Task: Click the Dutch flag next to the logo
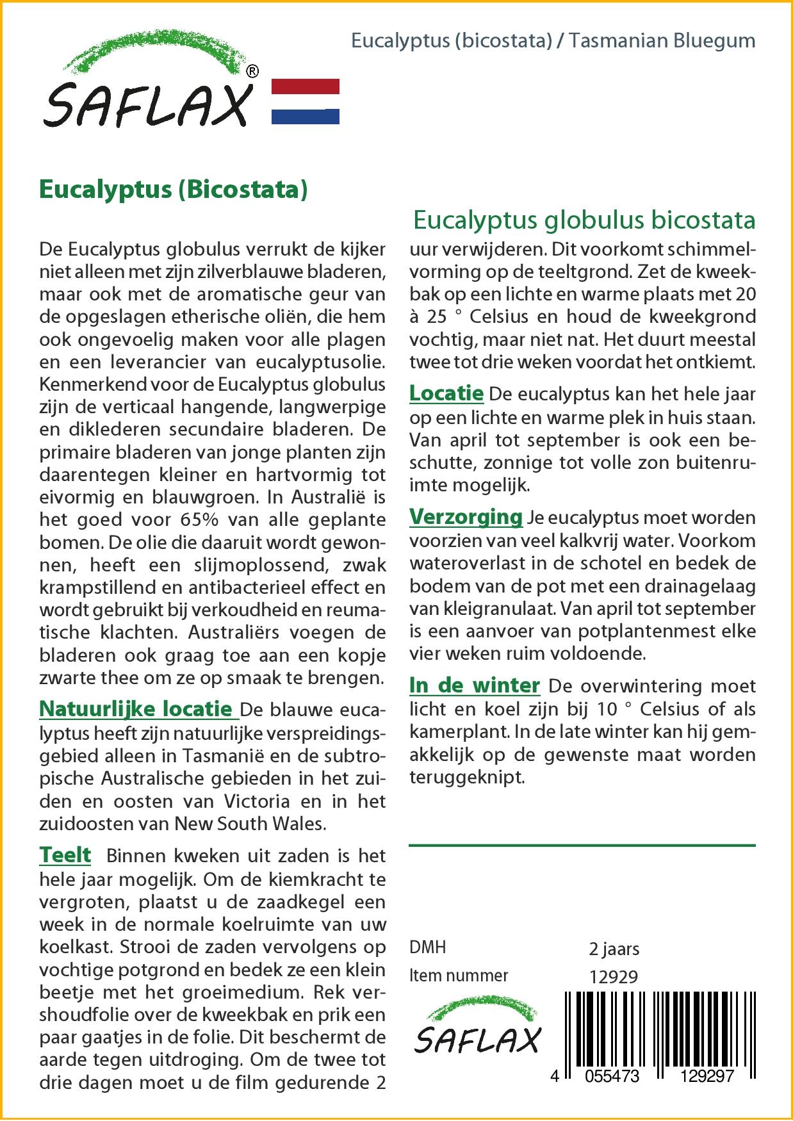306,101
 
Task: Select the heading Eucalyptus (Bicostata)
174,190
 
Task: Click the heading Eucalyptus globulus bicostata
584,220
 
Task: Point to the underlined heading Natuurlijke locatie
136,708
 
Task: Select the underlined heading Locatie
446,393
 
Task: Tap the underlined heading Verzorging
466,516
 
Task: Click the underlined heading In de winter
474,685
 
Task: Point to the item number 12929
613,977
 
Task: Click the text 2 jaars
614,949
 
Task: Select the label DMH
427,947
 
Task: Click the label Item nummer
458,976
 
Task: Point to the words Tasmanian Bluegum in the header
662,40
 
